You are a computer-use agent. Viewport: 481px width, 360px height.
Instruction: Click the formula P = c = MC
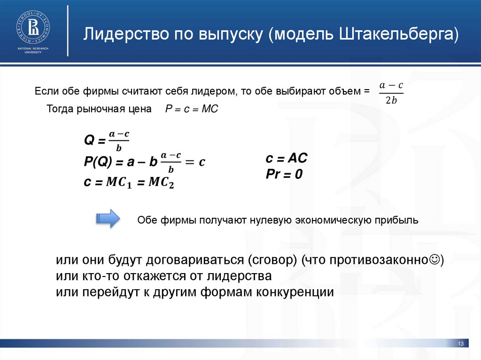coord(192,109)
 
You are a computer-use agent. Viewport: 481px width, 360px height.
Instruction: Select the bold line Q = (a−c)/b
coord(107,140)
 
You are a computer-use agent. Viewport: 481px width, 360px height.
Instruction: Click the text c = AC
coord(286,159)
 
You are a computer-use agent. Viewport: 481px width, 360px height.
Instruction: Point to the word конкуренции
coord(295,291)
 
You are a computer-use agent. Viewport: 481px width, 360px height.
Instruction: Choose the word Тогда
coord(58,109)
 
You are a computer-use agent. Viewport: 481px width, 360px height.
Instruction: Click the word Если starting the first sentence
coord(44,91)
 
